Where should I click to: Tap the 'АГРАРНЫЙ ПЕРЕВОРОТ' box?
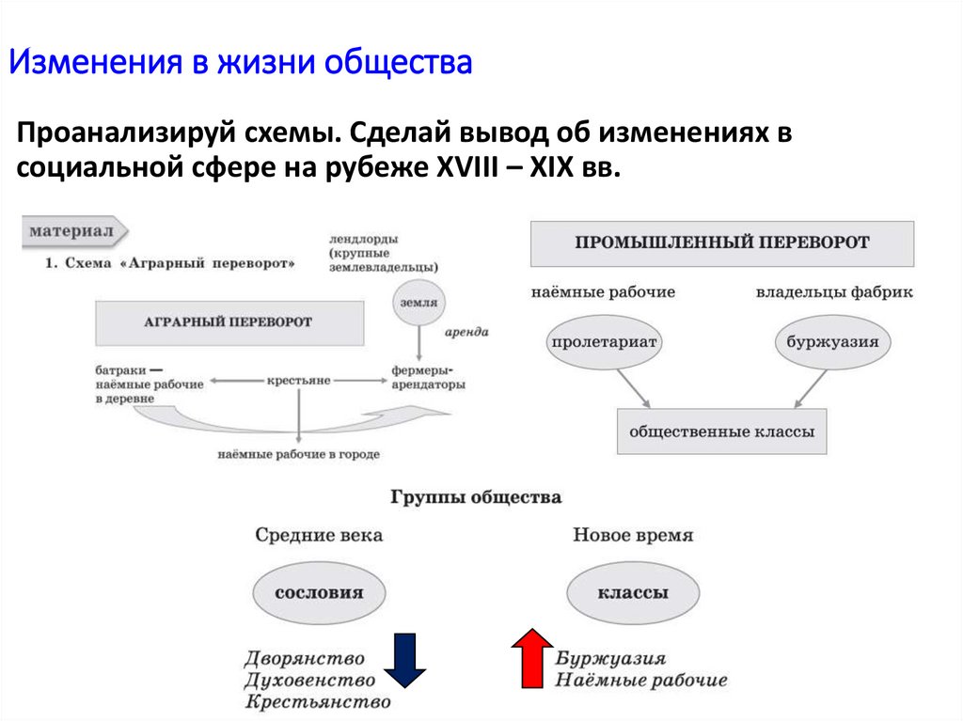pos(228,322)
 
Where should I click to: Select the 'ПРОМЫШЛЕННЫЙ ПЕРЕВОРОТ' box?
pos(721,243)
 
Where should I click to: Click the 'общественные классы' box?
pos(721,433)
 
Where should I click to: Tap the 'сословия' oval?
pos(319,593)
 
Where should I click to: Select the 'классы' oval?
pos(633,593)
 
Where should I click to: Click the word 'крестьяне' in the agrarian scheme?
pos(298,380)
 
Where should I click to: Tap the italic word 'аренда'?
pos(466,333)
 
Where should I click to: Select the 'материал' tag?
pos(72,229)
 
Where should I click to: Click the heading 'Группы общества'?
pos(476,496)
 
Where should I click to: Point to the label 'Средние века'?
pos(319,535)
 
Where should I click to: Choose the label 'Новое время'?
pos(632,535)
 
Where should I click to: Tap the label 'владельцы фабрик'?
pos(834,292)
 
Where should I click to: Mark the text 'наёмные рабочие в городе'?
pos(298,454)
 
